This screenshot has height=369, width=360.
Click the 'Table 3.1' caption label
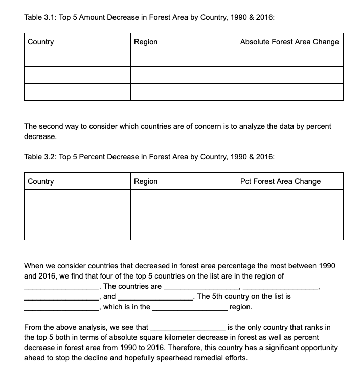click(41, 17)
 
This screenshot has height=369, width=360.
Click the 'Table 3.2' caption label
click(41, 157)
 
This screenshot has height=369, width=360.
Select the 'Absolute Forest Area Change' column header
click(289, 42)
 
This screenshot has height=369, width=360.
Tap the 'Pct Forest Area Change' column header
click(280, 181)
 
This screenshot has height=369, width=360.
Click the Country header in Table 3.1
click(41, 42)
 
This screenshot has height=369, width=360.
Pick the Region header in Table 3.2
click(146, 181)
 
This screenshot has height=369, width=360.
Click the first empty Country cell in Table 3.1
click(77, 58)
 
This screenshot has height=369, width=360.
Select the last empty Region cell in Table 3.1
click(184, 92)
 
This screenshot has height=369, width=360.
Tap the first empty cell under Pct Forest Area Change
click(290, 198)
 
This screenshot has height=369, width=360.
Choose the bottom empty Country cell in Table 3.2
click(77, 232)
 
